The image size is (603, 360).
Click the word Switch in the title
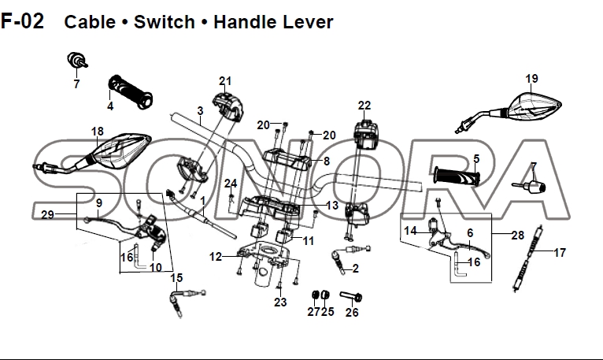coord(164,21)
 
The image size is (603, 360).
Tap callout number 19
coord(531,79)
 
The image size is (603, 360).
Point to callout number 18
coord(97,132)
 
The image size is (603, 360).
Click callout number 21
coord(226,81)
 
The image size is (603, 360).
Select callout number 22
coord(364,106)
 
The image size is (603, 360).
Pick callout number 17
coord(560,253)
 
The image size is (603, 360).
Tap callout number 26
coord(352,312)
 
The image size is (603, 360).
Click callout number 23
coord(280,302)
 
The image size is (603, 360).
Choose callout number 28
coord(517,236)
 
